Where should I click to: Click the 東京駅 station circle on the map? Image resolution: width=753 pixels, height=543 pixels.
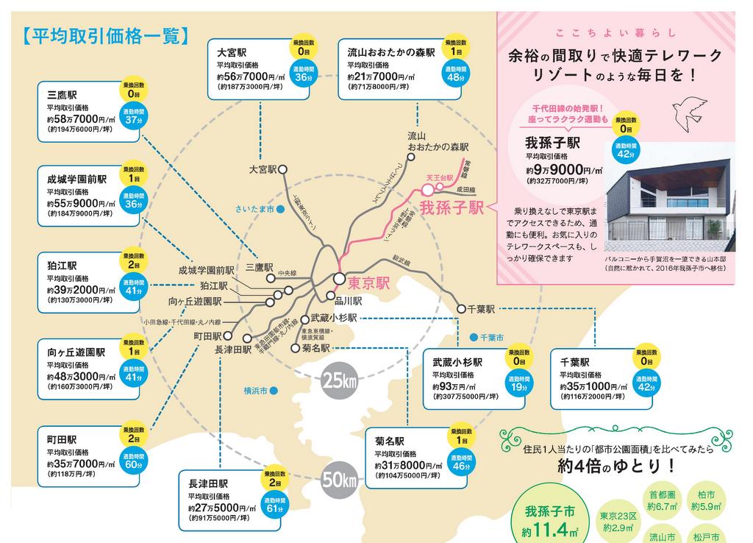pyautogui.click(x=338, y=279)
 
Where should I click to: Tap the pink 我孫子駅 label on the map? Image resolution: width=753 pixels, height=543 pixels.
pyautogui.click(x=450, y=206)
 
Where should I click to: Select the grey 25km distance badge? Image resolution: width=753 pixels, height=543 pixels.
pyautogui.click(x=338, y=381)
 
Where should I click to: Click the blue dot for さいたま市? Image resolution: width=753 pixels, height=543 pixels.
pyautogui.click(x=281, y=210)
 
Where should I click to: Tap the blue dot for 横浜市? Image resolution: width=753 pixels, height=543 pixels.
pyautogui.click(x=273, y=391)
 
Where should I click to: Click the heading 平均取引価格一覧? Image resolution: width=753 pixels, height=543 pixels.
pyautogui.click(x=106, y=35)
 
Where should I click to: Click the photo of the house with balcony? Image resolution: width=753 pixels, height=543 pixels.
pyautogui.click(x=669, y=196)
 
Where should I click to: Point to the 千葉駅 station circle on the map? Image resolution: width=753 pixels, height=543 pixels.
pyautogui.click(x=461, y=309)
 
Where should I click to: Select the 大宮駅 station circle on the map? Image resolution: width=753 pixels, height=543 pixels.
pyautogui.click(x=282, y=169)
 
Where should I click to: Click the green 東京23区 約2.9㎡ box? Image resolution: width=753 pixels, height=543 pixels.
pyautogui.click(x=617, y=522)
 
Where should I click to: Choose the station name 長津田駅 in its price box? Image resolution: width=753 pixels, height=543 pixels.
pyautogui.click(x=209, y=483)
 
